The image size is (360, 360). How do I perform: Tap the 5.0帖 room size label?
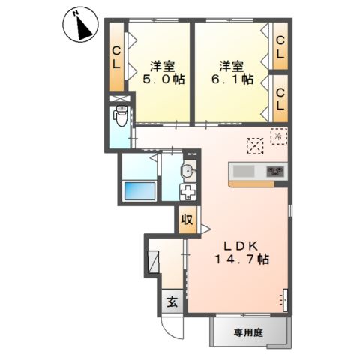(x=163, y=79)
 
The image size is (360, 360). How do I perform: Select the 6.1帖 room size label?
(x=232, y=79)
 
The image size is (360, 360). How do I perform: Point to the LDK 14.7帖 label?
(x=241, y=253)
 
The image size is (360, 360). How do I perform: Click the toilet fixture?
(x=121, y=116)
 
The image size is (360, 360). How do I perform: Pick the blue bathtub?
(x=140, y=191)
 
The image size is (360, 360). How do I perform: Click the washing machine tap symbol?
(x=188, y=193)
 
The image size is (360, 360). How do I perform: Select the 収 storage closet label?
(x=187, y=220)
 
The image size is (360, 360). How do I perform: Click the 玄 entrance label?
(x=172, y=302)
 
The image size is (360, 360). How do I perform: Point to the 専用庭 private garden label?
(x=248, y=333)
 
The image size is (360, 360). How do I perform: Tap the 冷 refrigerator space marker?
(x=279, y=136)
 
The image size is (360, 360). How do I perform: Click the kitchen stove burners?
(x=275, y=171)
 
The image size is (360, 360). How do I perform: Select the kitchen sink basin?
(x=244, y=171)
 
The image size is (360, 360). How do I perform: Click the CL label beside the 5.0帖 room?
(x=116, y=58)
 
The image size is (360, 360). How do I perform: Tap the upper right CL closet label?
(x=280, y=47)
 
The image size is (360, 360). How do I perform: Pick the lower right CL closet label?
(x=280, y=100)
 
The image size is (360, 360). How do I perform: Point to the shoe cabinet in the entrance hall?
(x=153, y=262)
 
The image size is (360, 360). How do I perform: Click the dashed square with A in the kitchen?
(x=255, y=146)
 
